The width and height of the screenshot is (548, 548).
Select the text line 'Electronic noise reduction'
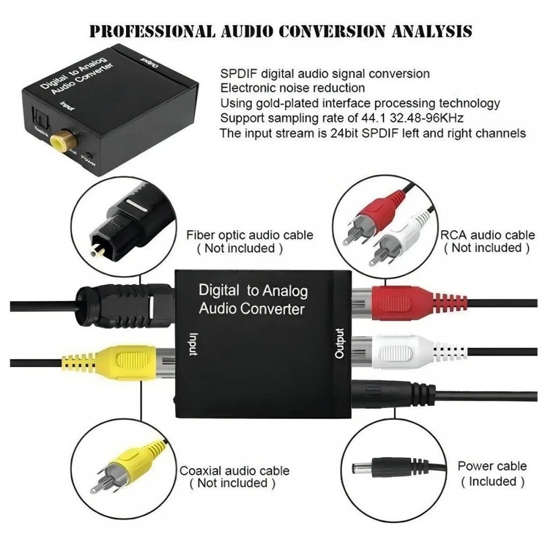click(293, 88)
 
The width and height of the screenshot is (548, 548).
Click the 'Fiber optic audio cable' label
click(250, 235)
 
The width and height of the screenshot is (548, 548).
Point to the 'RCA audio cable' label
click(488, 235)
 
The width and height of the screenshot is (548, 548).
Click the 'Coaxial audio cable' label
click(235, 470)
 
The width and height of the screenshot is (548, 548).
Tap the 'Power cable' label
click(492, 466)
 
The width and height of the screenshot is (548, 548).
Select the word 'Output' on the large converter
click(340, 343)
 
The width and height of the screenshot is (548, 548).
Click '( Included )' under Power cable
click(492, 482)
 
